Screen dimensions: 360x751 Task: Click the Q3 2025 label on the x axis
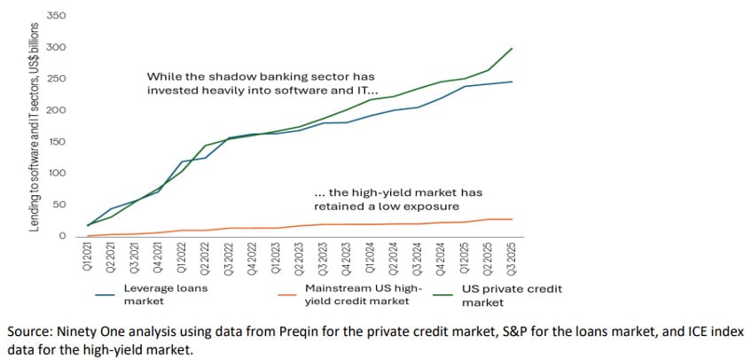point(512,258)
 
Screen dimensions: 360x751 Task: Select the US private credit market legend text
point(512,294)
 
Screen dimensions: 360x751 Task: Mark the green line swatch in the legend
point(445,289)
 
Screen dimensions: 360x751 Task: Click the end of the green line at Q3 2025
point(512,48)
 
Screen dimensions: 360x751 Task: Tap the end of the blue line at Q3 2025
point(512,82)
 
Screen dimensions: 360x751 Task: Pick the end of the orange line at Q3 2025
point(512,219)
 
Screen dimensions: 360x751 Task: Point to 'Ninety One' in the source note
point(79,330)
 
